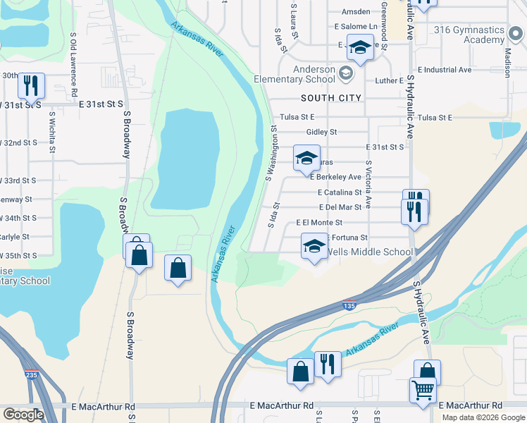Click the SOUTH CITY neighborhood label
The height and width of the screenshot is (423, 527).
click(x=330, y=98)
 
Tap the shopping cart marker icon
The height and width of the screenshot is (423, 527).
click(x=423, y=389)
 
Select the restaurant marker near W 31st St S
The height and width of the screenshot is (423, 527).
click(x=31, y=86)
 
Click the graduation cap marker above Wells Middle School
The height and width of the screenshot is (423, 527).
click(x=314, y=246)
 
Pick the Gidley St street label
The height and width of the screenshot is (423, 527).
click(x=322, y=132)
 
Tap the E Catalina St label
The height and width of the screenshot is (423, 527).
click(x=340, y=192)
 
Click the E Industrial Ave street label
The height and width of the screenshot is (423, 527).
click(x=444, y=70)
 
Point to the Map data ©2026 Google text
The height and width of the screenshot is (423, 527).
click(x=483, y=417)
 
